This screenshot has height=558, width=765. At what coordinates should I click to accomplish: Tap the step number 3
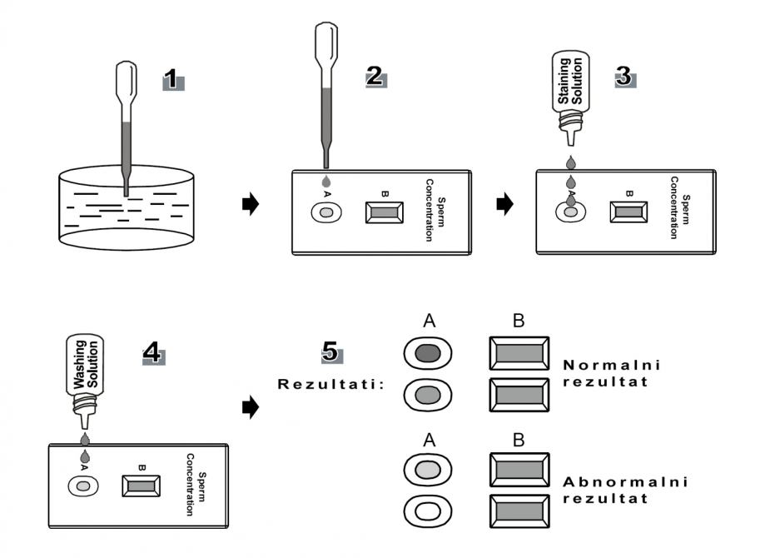point(623,76)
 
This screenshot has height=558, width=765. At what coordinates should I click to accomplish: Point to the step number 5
point(330,352)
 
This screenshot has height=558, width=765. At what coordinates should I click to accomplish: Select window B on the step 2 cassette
point(385,213)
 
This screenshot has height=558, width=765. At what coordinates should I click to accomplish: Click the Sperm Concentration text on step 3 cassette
point(680,208)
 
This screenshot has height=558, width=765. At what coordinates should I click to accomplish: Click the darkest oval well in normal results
point(427,354)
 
